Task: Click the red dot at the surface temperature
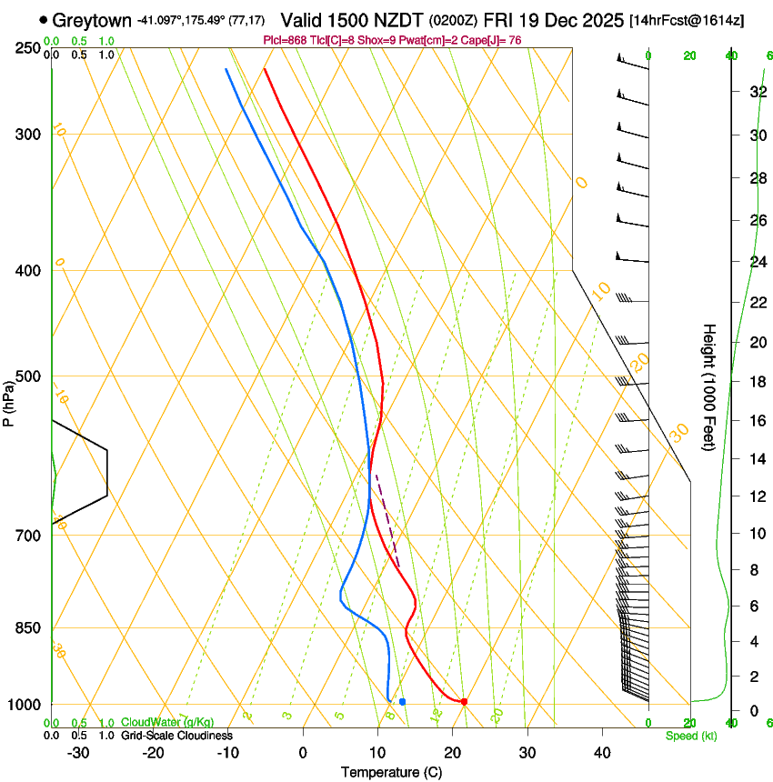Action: pyautogui.click(x=464, y=701)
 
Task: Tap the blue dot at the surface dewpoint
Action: pyautogui.click(x=402, y=701)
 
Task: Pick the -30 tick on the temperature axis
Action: pyautogui.click(x=78, y=752)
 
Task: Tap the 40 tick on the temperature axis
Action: pyautogui.click(x=601, y=752)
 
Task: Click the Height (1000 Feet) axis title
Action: pyautogui.click(x=709, y=386)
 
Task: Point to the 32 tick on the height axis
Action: pyautogui.click(x=757, y=91)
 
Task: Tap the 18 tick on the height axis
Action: pyautogui.click(x=757, y=382)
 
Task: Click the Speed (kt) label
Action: pyautogui.click(x=691, y=736)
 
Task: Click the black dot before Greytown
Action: pyautogui.click(x=43, y=19)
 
